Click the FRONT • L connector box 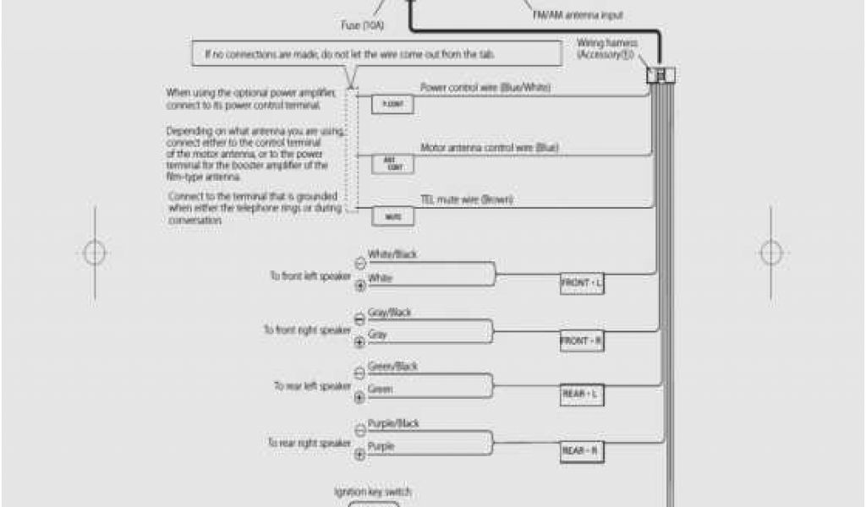coord(582,284)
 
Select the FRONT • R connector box coord(582,341)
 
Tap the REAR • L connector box coord(582,395)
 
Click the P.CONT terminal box coord(393,104)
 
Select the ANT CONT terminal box coord(393,163)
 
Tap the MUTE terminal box coord(393,216)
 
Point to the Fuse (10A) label coord(363,26)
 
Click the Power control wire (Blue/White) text coord(480,87)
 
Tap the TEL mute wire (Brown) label coord(468,200)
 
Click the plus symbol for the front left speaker coord(359,286)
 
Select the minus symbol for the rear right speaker coord(359,430)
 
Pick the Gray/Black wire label coord(389,313)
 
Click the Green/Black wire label coord(393,367)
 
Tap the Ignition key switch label coord(373,491)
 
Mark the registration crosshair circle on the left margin coord(94,252)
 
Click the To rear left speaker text coord(311,385)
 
